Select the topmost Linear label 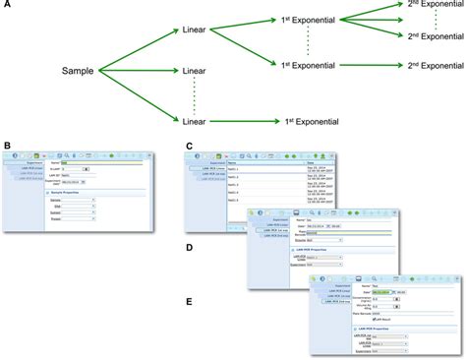pyautogui.click(x=201, y=31)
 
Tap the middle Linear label pyautogui.click(x=201, y=72)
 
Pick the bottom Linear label pyautogui.click(x=201, y=121)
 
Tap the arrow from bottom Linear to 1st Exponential pyautogui.click(x=250, y=121)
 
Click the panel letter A pyautogui.click(x=6, y=6)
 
